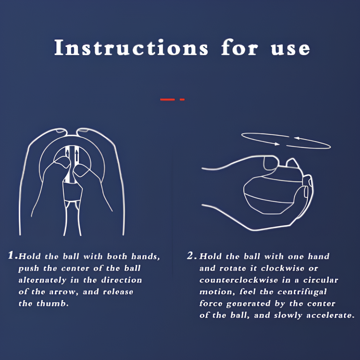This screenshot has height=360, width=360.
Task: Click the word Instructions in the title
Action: [x=131, y=47]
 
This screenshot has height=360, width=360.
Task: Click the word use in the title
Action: [x=291, y=49]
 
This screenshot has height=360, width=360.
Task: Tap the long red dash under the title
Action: [x=167, y=99]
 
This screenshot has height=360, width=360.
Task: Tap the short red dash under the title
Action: [x=182, y=99]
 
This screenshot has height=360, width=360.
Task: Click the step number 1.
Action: [x=11, y=255]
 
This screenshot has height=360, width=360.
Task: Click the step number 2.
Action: [x=190, y=256]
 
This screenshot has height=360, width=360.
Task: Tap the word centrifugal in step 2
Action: [x=302, y=292]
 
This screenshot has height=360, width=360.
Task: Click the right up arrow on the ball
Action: [x=77, y=156]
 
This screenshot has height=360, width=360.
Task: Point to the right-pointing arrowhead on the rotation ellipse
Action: [x=277, y=144]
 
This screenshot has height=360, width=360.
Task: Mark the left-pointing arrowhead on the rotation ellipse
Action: [x=297, y=138]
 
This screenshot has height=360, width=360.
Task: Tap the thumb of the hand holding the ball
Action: [x=271, y=163]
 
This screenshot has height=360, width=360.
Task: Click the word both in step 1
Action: [x=117, y=256]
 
